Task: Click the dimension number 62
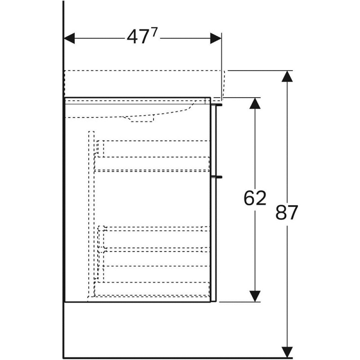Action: tap(255, 198)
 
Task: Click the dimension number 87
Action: tap(287, 212)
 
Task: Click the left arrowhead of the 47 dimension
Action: tap(69, 38)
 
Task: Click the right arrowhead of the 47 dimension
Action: tap(216, 38)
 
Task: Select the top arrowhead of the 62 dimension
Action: tap(255, 103)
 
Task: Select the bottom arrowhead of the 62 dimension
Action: tap(255, 296)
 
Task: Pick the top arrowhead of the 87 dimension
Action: tap(287, 76)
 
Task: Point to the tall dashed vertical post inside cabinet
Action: tap(91, 216)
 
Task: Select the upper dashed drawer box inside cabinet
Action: tap(152, 156)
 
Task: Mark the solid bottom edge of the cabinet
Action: tap(138, 302)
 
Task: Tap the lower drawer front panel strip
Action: tap(214, 239)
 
